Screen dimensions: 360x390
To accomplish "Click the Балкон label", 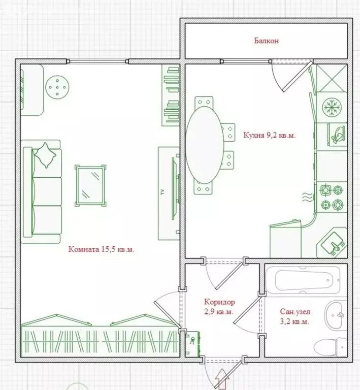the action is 266,41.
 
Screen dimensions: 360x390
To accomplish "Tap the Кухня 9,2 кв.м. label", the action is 270,135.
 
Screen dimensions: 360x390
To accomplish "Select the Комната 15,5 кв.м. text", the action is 102,249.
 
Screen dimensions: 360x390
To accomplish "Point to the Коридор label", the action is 219,302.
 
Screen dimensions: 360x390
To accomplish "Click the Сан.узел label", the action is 295,312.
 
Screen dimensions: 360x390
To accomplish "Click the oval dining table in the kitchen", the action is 205,145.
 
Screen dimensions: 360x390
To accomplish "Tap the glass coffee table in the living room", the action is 90,185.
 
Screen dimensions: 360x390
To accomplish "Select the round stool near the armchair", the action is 57,87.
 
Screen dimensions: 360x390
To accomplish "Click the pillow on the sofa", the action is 45,155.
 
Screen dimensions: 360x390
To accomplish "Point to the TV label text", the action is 163,192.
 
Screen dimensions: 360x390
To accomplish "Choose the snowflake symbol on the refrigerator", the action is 332,107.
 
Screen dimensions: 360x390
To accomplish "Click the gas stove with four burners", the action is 332,197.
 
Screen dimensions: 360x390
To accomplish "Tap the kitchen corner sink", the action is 332,243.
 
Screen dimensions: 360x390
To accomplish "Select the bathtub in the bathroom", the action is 303,280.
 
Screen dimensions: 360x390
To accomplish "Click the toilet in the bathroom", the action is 331,347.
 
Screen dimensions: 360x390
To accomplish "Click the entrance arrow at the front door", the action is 222,379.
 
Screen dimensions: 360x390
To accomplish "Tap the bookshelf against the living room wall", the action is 171,95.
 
